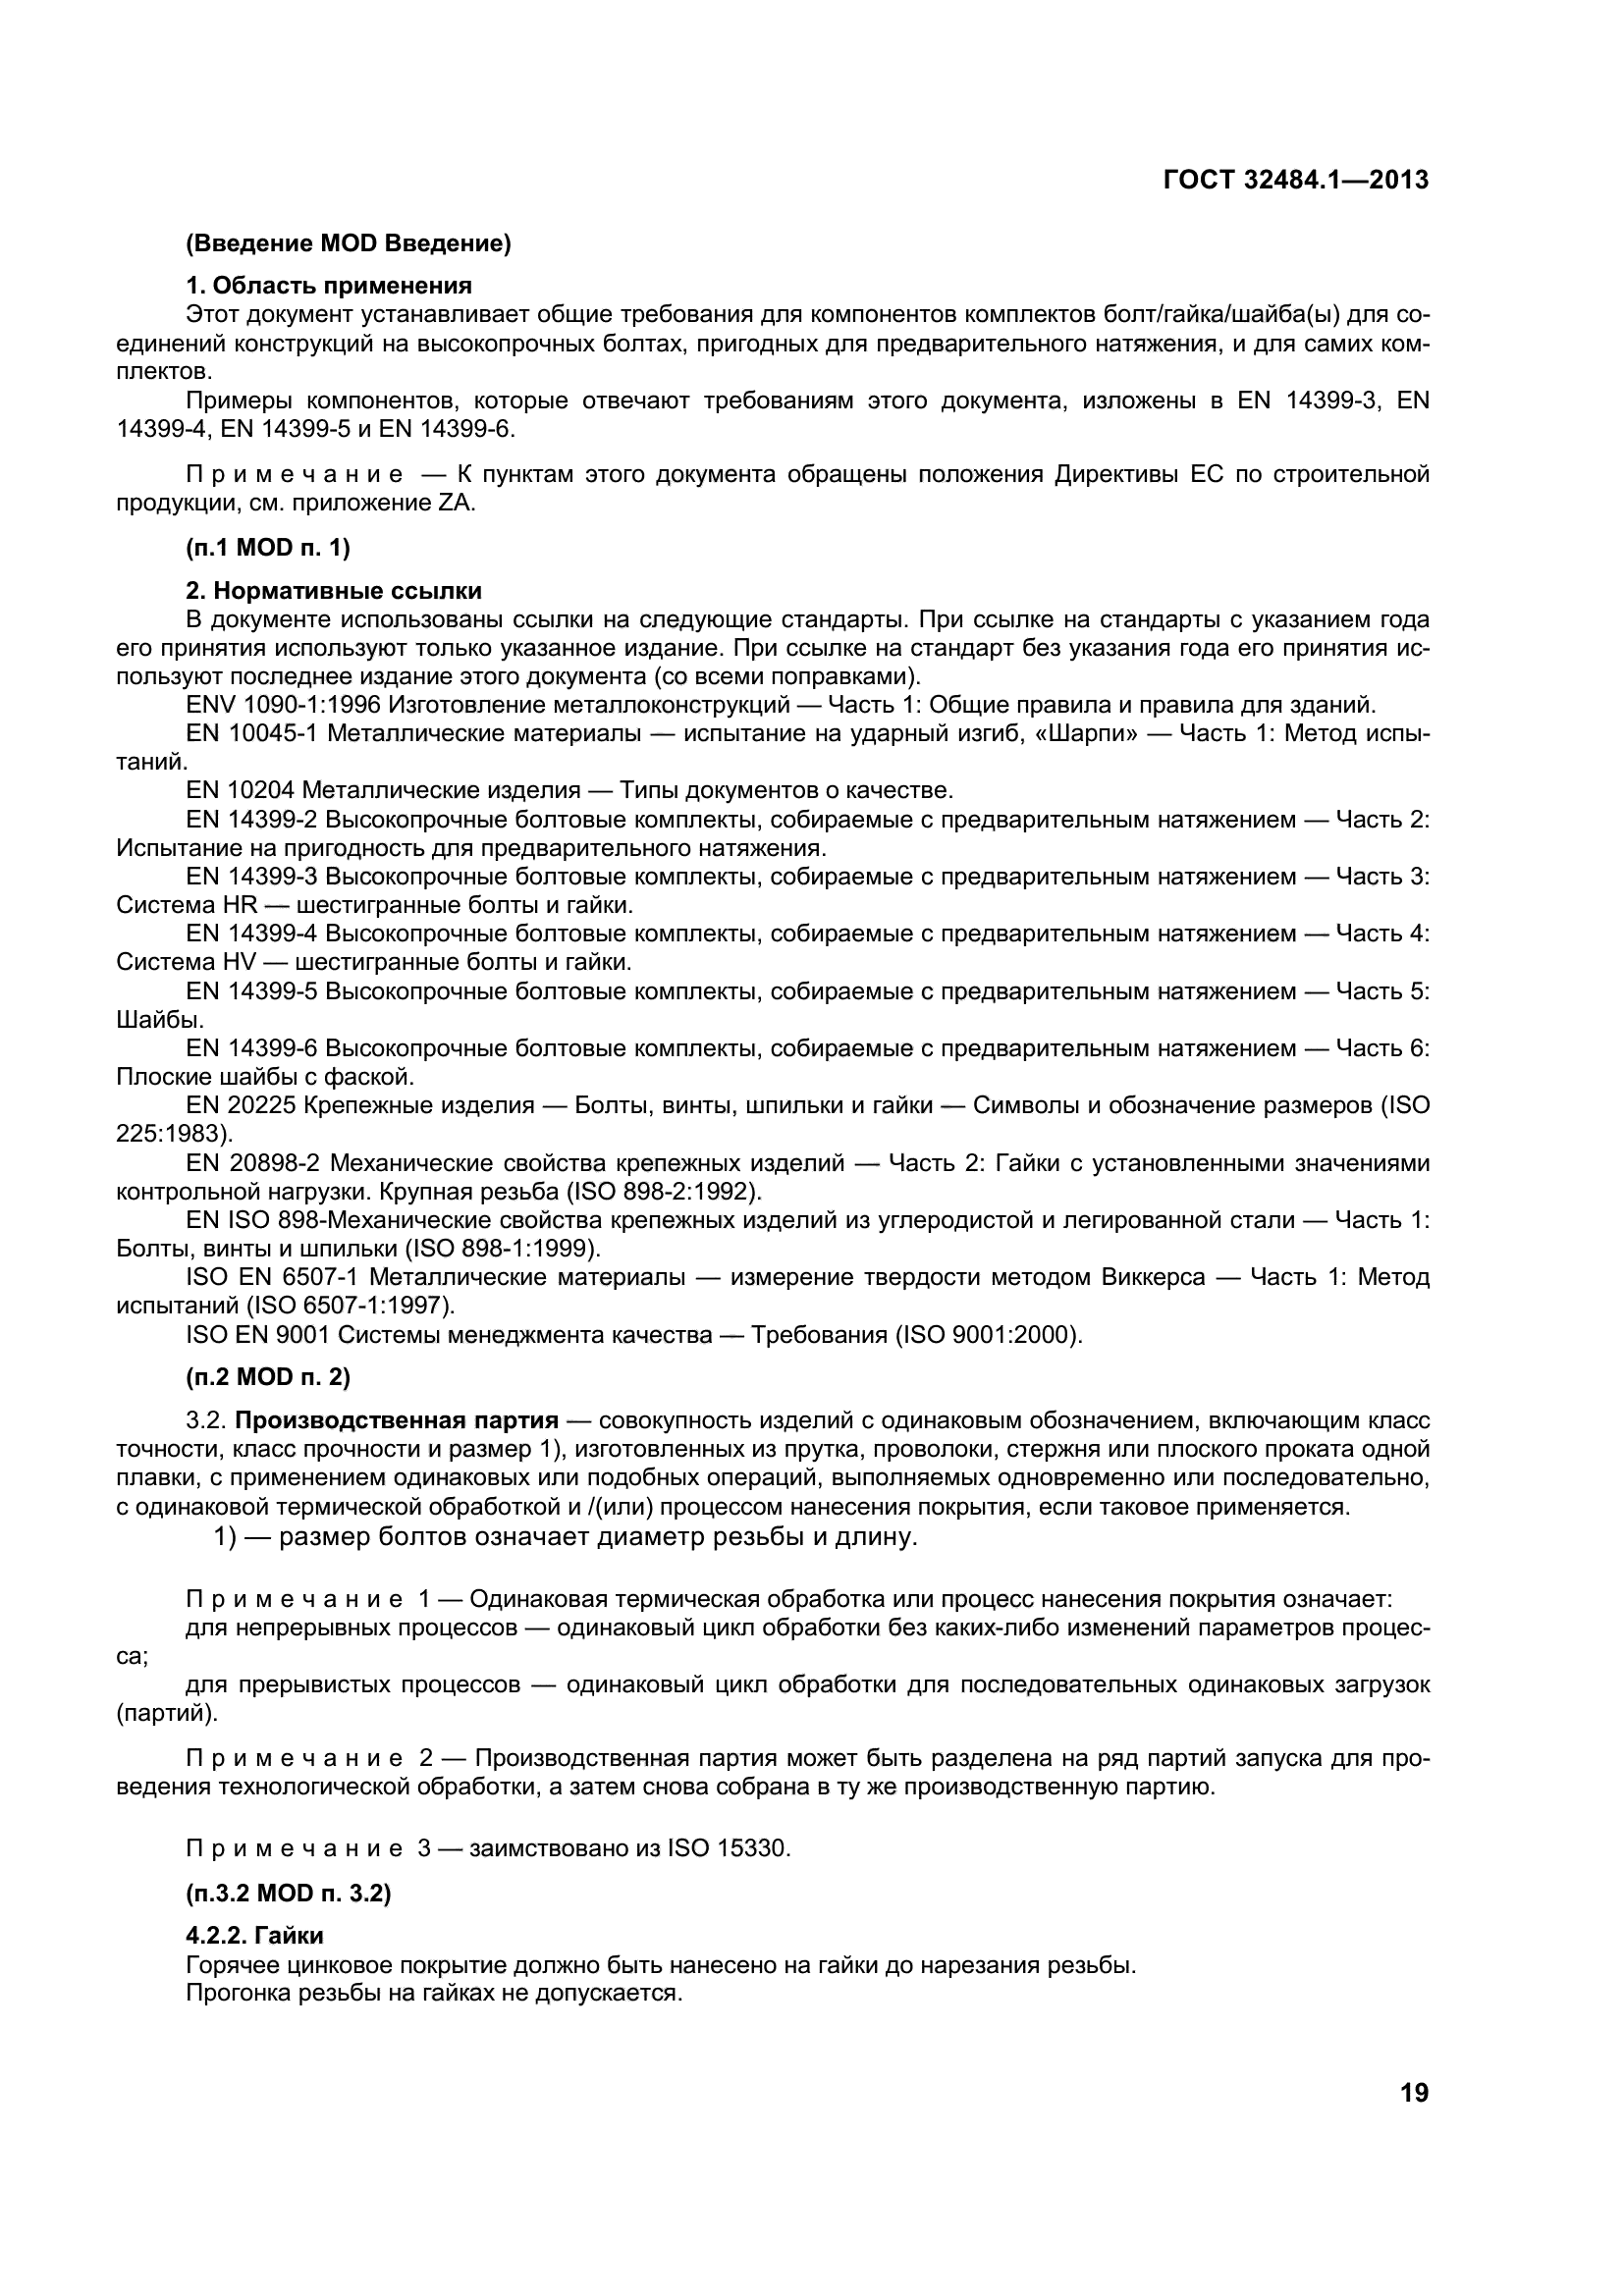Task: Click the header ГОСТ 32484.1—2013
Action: click(x=1295, y=180)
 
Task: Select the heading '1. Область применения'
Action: click(x=329, y=286)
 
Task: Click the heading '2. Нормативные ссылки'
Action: click(x=334, y=590)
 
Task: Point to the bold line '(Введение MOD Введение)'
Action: click(x=349, y=243)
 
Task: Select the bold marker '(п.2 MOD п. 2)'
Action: click(x=268, y=1377)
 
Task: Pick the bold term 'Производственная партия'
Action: click(x=397, y=1421)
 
